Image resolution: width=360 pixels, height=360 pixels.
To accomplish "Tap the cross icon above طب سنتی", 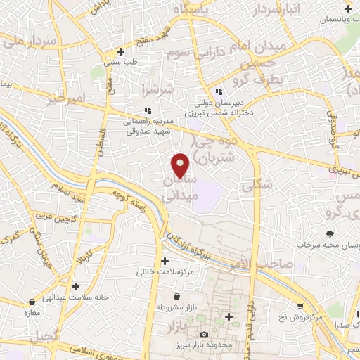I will point(121,51).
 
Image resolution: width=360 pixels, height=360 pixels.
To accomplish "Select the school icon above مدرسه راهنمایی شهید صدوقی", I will point(148,110).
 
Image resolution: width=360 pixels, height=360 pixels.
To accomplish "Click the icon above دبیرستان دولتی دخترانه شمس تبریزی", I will point(219,91).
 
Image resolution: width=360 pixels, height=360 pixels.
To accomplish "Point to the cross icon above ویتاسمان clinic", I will point(349,8).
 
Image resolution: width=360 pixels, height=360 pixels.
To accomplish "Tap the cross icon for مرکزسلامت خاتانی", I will point(165,261).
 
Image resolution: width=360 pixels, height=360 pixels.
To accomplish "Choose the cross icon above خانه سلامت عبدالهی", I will point(75,286).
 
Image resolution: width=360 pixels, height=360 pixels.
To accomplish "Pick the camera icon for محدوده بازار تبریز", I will point(204,334).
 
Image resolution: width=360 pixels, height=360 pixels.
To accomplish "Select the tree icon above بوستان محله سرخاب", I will point(330,234).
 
